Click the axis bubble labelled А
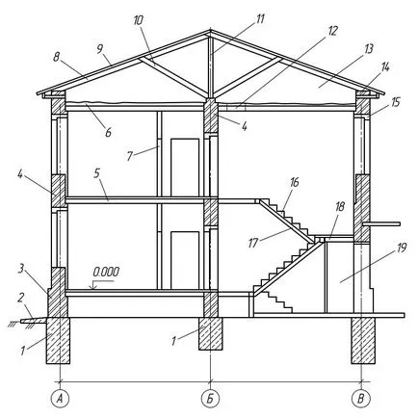coord(60,399)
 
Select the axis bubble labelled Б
coord(210,399)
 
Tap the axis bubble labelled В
coord(361,399)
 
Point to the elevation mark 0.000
coord(106,272)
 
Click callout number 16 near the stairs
coord(294,182)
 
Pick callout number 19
coord(402,248)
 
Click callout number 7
coord(130,156)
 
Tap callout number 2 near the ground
coord(21,298)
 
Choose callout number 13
coord(368,49)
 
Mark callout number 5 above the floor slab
coord(97,173)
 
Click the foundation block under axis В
coord(363,341)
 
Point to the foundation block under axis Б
coord(210,334)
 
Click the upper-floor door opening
coord(185,168)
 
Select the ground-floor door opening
coord(185,260)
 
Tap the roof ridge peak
coord(210,31)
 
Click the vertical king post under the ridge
coord(210,67)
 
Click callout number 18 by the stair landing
coord(339,207)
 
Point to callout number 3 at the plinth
coord(21,269)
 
